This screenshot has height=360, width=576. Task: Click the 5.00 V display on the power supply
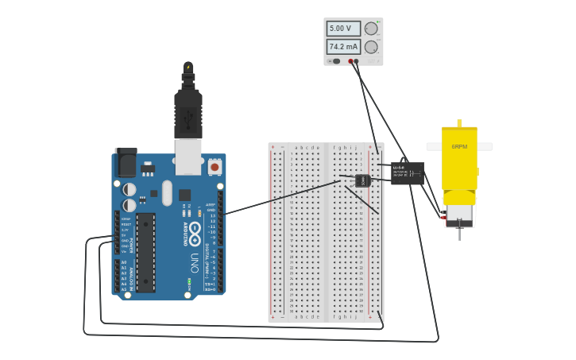342,29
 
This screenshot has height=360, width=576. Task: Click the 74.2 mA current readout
342,47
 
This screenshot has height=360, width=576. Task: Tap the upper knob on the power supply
371,29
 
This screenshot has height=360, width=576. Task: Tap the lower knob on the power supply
371,47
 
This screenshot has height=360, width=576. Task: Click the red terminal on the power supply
350,60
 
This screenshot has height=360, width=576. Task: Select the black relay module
407,172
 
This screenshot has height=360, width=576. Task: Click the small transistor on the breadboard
363,180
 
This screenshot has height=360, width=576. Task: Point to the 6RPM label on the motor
459,147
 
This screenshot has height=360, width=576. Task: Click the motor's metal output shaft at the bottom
459,233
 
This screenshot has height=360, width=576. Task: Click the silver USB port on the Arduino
188,157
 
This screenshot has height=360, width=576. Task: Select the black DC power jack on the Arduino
126,163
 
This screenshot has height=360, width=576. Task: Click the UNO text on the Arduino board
195,261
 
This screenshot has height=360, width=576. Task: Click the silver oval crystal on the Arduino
167,192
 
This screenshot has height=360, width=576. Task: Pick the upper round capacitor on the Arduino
129,189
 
